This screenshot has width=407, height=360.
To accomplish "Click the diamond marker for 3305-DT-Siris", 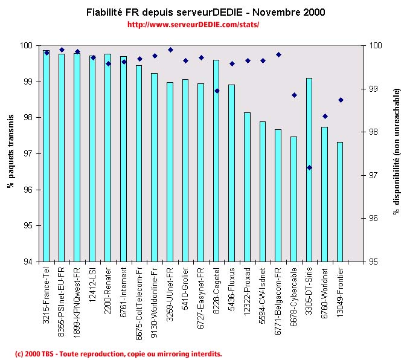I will click(x=309, y=167).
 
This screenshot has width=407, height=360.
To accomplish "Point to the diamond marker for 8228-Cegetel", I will click(x=217, y=91).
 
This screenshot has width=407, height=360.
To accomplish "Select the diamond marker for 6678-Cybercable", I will click(x=294, y=95).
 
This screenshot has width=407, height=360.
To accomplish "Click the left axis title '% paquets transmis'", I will click(x=11, y=153).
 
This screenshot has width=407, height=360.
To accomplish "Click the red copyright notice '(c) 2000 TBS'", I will click(x=118, y=353).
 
